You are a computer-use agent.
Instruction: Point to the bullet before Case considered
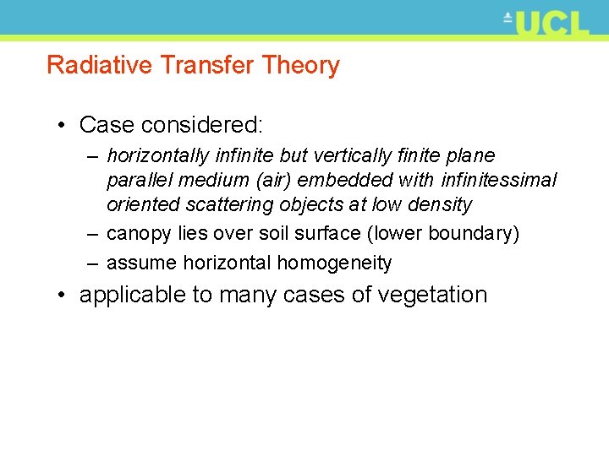click(63, 126)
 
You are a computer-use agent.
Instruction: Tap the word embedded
click(359, 181)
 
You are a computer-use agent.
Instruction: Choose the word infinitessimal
click(499, 181)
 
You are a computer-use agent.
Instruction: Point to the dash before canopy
click(92, 234)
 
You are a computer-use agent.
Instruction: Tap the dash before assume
click(92, 263)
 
